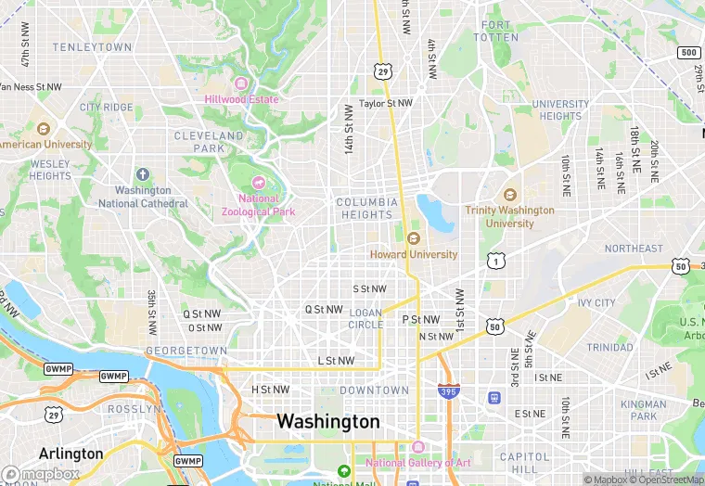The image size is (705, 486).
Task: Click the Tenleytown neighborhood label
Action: [x=92, y=46]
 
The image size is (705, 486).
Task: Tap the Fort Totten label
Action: [x=495, y=31]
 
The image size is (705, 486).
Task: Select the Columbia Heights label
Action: [x=366, y=209]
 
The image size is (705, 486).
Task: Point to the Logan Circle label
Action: [x=365, y=318]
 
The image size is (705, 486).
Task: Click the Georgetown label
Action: [x=186, y=351]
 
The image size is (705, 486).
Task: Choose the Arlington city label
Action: [x=70, y=454]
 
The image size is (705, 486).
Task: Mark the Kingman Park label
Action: [x=643, y=411]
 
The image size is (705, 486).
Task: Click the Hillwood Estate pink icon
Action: [x=241, y=83]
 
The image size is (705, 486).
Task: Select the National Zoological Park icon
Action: [x=259, y=182]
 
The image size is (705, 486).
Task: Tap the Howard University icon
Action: [x=414, y=238]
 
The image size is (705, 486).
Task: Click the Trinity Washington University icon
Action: [x=508, y=195]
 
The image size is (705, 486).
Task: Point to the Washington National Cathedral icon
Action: [x=142, y=174]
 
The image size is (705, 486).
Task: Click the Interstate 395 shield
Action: [x=448, y=390]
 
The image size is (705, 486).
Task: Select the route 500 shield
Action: [x=687, y=53]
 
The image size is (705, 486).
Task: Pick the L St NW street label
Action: [x=336, y=361]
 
